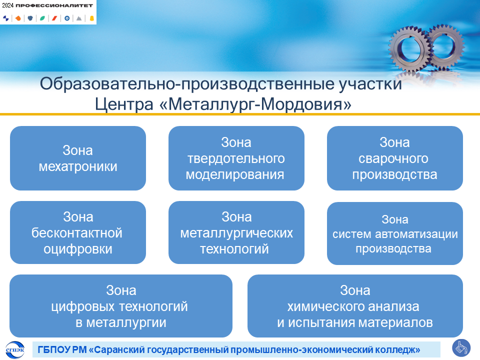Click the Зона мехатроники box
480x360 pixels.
tap(78, 158)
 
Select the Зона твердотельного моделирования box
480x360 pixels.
tap(236, 158)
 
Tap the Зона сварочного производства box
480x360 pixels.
tap(395, 158)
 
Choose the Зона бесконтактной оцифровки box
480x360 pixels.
tap(78, 232)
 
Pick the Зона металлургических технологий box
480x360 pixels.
tap(236, 232)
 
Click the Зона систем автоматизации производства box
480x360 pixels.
tap(395, 233)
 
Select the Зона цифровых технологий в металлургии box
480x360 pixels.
tap(121, 306)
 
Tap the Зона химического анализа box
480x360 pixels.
tap(355, 306)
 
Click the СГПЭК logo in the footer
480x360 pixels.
tap(15, 349)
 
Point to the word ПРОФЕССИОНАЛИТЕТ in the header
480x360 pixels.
tap(54, 5)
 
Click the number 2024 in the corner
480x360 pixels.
tap(7, 5)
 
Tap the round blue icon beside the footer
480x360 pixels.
tap(461, 348)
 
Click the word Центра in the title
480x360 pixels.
tap(124, 104)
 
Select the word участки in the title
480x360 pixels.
tap(370, 84)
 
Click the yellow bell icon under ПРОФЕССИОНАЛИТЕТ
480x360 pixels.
tap(91, 18)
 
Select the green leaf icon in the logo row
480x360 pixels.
tap(42, 18)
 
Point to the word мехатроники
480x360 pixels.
tap(78, 166)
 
